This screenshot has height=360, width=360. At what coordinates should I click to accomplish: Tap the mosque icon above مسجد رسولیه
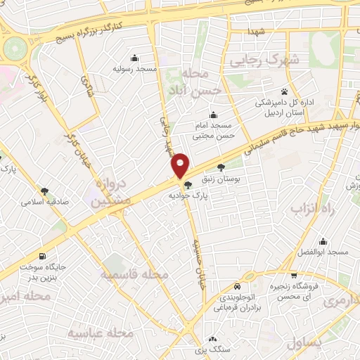point(134,58)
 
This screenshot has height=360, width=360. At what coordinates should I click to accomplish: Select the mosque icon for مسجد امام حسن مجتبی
point(214,116)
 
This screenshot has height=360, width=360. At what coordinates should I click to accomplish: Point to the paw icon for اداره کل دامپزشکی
point(284,91)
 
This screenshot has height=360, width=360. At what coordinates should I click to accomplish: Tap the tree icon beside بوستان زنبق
point(221,167)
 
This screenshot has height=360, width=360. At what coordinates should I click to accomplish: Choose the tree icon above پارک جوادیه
point(187,186)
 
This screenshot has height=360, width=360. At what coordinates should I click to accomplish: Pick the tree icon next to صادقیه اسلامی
point(45,191)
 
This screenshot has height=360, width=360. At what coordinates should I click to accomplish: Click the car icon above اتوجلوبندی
point(238,287)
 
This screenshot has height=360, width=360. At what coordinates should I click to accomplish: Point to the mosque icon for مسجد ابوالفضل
point(323,241)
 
